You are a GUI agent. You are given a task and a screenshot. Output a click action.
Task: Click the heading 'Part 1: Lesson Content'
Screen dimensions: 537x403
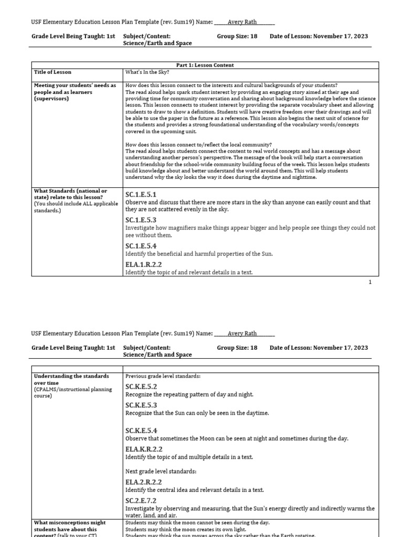pos(206,65)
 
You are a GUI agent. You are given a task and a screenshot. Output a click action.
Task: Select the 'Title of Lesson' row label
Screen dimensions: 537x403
pos(52,72)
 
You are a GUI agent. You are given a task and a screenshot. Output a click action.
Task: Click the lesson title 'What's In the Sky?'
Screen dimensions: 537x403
pos(147,72)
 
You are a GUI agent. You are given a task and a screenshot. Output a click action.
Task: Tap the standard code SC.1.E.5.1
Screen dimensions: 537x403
pos(141,195)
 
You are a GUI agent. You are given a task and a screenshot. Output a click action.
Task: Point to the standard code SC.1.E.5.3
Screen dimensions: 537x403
pos(141,220)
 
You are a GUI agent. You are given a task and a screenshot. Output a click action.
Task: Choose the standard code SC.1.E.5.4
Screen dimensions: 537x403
pos(141,245)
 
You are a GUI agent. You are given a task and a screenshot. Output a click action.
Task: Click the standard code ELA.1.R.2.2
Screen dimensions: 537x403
pos(143,264)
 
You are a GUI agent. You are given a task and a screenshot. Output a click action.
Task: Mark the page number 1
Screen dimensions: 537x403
pos(370,282)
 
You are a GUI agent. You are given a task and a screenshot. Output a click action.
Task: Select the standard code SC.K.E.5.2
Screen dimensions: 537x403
pos(141,386)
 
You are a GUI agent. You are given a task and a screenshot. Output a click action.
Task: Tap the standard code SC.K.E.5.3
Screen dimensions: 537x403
pos(141,405)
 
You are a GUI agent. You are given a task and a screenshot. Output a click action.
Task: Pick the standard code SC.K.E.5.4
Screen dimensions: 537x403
pos(141,431)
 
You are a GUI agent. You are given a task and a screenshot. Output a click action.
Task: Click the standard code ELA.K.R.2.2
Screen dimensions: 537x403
pos(144,449)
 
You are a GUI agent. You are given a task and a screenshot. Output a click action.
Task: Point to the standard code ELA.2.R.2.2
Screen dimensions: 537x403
pos(143,482)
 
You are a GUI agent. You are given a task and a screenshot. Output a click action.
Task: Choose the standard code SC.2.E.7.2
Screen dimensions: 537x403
pos(141,501)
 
